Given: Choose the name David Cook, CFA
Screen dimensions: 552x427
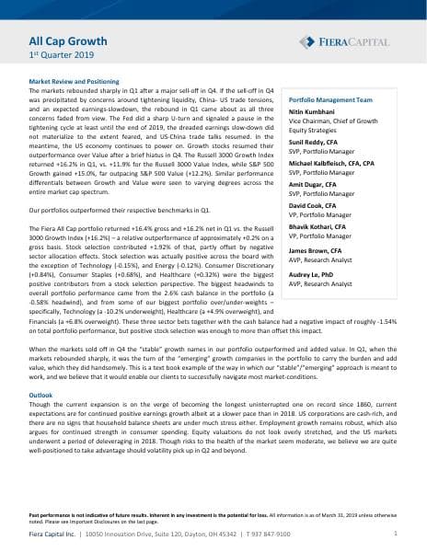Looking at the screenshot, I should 316,205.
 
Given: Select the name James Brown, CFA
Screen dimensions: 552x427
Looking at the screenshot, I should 317,249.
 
